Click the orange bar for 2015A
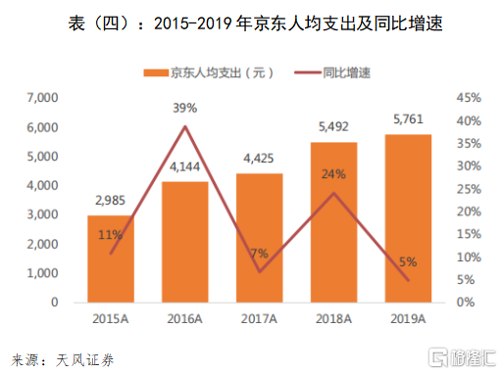(x=111, y=258)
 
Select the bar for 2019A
(x=408, y=218)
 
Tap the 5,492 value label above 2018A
(x=333, y=126)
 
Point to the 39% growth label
(x=185, y=108)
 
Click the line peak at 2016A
(x=185, y=126)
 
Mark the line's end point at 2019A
(x=408, y=280)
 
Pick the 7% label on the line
(x=260, y=254)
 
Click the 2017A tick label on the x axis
(x=259, y=319)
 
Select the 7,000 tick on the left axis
(x=42, y=98)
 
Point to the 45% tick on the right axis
(x=469, y=98)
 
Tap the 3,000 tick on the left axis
(x=42, y=214)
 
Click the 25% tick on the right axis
(x=469, y=189)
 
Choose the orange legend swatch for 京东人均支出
(x=156, y=72)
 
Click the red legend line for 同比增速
(x=308, y=72)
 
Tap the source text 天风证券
(x=85, y=360)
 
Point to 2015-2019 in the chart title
(x=193, y=23)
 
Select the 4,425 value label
(x=259, y=159)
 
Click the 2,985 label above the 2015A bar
(x=110, y=200)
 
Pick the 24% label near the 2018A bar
(x=333, y=174)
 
